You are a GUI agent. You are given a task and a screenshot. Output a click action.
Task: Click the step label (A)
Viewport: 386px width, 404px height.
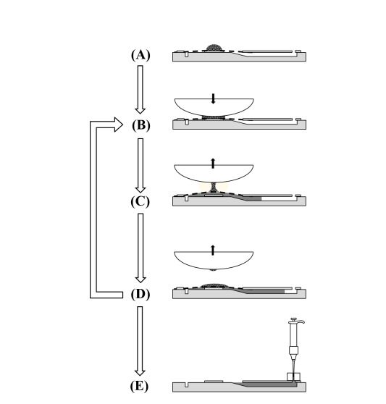[x=140, y=55]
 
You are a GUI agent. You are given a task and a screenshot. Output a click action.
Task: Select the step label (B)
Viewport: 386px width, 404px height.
[x=141, y=125]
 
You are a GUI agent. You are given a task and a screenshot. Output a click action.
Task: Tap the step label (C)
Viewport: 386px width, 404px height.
[x=140, y=201]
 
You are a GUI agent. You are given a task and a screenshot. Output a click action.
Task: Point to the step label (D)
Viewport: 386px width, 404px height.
[x=140, y=294]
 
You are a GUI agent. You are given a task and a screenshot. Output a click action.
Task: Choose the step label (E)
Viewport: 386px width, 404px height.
[x=139, y=386]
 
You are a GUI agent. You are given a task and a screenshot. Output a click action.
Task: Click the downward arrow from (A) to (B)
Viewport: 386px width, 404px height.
[x=140, y=89]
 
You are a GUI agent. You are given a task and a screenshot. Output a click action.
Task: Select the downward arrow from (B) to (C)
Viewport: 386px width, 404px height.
[x=140, y=165]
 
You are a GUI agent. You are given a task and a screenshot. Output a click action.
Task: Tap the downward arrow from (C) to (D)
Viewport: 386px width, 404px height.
[x=140, y=248]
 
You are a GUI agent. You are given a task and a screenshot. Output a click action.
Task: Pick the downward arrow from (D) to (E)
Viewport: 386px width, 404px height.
[x=140, y=340]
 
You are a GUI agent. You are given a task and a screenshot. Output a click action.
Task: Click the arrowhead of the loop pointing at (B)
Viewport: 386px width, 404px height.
[x=118, y=125]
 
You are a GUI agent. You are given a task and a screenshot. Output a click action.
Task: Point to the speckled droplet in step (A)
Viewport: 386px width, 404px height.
[x=214, y=48]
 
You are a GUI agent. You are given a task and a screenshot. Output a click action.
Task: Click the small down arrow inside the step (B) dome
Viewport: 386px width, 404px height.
[x=213, y=98]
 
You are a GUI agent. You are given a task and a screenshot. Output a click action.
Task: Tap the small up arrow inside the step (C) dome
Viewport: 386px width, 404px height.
[x=213, y=164]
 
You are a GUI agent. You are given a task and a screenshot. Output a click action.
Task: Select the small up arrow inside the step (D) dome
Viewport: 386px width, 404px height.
[x=213, y=251]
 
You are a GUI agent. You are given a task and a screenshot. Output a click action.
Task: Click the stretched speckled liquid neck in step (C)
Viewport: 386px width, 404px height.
[x=214, y=187]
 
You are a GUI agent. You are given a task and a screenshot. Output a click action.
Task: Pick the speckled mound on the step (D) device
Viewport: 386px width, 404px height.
[x=214, y=285]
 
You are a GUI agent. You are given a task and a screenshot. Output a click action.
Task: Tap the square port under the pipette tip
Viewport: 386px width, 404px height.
[x=293, y=376]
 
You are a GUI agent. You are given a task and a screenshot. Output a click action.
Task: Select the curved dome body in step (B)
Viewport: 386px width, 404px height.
[x=214, y=107]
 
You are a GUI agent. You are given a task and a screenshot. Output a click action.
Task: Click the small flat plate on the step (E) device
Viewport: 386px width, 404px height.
[x=214, y=382]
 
